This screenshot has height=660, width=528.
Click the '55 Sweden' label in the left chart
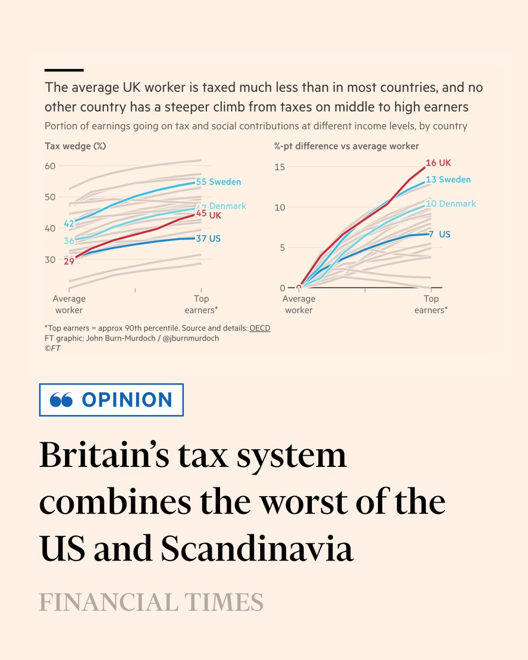click(218, 182)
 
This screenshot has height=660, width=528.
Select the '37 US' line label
click(208, 238)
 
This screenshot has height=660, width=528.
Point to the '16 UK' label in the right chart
click(438, 163)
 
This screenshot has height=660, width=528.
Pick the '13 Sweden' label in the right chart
click(448, 179)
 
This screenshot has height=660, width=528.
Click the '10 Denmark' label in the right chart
click(450, 204)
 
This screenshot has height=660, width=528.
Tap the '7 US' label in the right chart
click(439, 234)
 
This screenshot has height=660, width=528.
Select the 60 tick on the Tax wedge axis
click(50, 166)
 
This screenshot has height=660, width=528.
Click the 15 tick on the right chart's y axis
click(279, 167)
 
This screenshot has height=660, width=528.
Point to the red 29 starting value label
click(69, 261)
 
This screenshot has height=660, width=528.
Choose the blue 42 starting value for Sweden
click(69, 223)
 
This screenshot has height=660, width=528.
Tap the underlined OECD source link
click(260, 328)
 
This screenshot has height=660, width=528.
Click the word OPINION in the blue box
click(127, 400)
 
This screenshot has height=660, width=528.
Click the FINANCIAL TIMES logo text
click(151, 603)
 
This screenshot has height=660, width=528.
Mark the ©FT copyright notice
click(52, 348)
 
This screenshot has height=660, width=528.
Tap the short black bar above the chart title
click(64, 70)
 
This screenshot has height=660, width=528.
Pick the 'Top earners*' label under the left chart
click(201, 304)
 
